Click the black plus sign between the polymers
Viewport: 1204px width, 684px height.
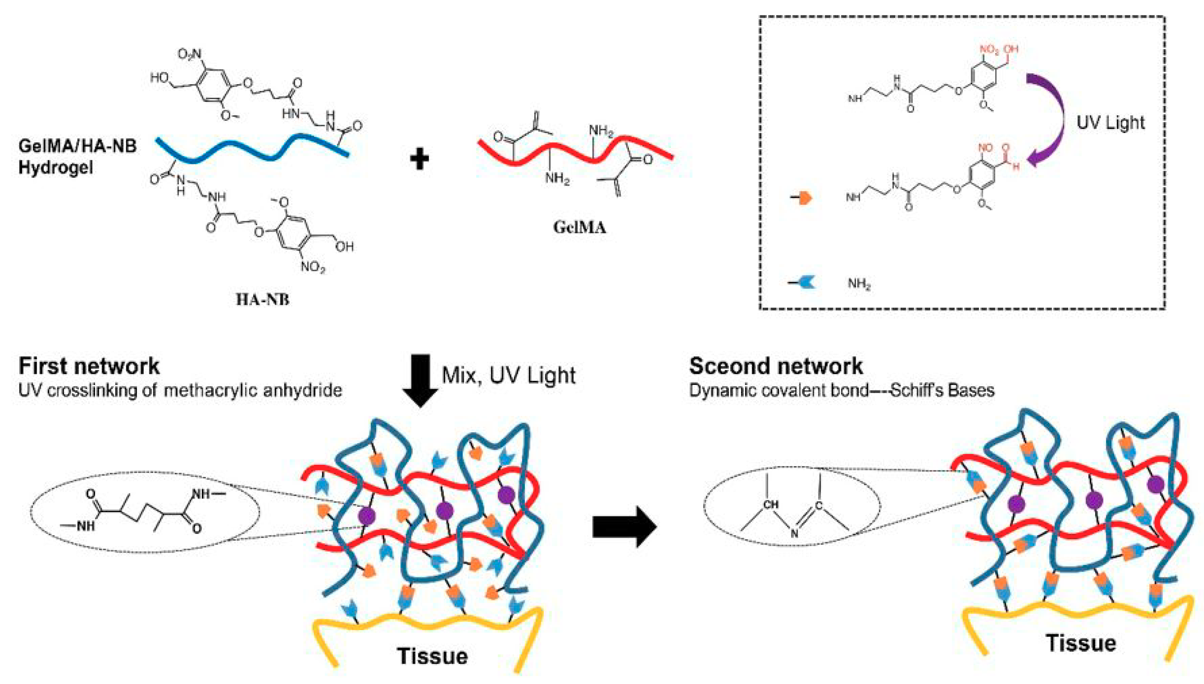pyautogui.click(x=419, y=159)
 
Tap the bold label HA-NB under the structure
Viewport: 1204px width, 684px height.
pyautogui.click(x=262, y=299)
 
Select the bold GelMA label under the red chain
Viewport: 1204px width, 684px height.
pyautogui.click(x=579, y=227)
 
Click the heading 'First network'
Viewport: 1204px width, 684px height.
pyautogui.click(x=89, y=366)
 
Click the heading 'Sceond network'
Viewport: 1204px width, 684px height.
pyautogui.click(x=776, y=366)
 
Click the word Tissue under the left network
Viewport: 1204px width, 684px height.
pyautogui.click(x=432, y=656)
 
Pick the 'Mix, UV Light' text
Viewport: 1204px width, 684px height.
pyautogui.click(x=508, y=375)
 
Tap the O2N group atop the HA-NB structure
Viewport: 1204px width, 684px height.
pyautogui.click(x=189, y=55)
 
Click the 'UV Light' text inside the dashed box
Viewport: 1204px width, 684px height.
pyautogui.click(x=1110, y=122)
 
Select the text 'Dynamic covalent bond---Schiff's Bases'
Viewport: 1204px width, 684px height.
pyautogui.click(x=841, y=391)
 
